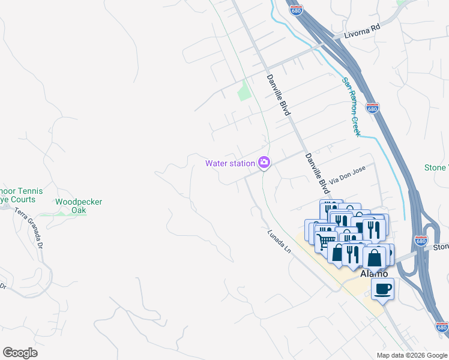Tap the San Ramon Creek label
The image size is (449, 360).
tap(351, 106)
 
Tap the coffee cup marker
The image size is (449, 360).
tap(382, 290)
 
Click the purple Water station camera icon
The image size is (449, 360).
tap(264, 163)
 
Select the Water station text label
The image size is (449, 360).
tap(230, 163)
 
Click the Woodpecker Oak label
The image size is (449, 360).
tap(79, 206)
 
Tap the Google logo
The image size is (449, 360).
tap(20, 353)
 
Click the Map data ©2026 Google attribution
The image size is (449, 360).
tap(411, 355)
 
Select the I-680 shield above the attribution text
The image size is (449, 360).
tap(442, 327)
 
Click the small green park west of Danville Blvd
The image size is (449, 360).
tap(243, 91)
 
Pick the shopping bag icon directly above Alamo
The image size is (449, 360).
tap(375, 257)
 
